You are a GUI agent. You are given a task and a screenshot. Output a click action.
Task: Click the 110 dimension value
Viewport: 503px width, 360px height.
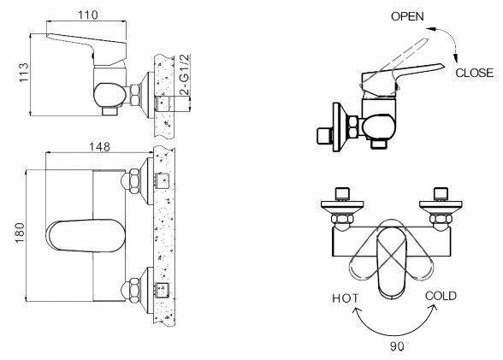pos(88,15)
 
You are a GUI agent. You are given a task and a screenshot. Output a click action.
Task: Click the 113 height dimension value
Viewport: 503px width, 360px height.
pos(24,73)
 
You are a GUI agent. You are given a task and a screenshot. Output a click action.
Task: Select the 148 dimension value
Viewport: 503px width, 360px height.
pos(99,146)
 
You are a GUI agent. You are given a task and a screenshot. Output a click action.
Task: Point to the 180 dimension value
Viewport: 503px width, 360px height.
pos(20,233)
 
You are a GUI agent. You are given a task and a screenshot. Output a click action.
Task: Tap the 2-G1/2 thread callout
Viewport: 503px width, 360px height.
pos(185,74)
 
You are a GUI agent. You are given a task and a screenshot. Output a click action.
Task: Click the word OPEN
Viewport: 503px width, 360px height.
pos(407,16)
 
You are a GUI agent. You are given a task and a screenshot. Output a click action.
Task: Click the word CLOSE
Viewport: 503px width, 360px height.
pos(475,73)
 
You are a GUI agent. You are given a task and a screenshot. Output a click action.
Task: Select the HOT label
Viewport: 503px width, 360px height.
pos(346,298)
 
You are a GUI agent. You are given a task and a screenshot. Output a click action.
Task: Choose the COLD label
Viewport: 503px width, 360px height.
pos(441,296)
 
